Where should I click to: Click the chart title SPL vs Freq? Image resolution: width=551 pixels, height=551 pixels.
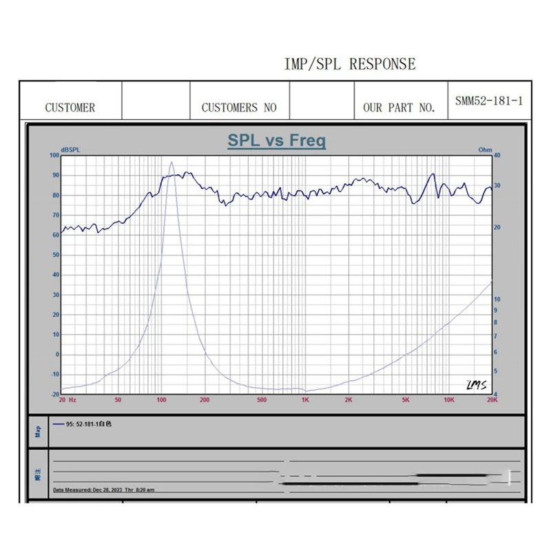pyautogui.click(x=277, y=141)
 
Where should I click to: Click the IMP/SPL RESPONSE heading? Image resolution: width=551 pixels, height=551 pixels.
pyautogui.click(x=350, y=65)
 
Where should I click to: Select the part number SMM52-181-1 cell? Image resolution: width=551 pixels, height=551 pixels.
pyautogui.click(x=489, y=101)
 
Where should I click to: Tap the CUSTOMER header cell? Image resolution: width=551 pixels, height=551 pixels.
pyautogui.click(x=70, y=107)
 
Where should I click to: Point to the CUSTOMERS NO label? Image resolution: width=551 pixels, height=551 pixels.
pyautogui.click(x=239, y=107)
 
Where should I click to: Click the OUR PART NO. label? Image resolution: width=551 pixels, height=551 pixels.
pyautogui.click(x=399, y=107)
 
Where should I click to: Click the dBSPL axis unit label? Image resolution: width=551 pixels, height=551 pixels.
pyautogui.click(x=70, y=149)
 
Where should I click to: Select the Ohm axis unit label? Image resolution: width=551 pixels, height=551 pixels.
pyautogui.click(x=485, y=149)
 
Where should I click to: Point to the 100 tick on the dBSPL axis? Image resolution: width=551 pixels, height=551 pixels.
pyautogui.click(x=55, y=156)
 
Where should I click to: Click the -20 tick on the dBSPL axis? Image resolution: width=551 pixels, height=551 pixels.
pyautogui.click(x=54, y=394)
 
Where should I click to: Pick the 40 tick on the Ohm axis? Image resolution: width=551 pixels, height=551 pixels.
pyautogui.click(x=497, y=156)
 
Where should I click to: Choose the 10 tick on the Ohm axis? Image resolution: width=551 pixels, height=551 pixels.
pyautogui.click(x=497, y=299)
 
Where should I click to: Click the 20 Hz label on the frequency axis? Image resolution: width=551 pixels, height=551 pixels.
pyautogui.click(x=67, y=400)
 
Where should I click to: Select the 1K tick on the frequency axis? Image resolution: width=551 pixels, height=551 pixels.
pyautogui.click(x=304, y=400)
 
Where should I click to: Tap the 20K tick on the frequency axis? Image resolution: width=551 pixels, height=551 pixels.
pyautogui.click(x=491, y=400)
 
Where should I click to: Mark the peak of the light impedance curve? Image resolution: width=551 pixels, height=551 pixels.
pyautogui.click(x=171, y=163)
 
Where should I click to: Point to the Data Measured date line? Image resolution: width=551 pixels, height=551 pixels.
pyautogui.click(x=103, y=490)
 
